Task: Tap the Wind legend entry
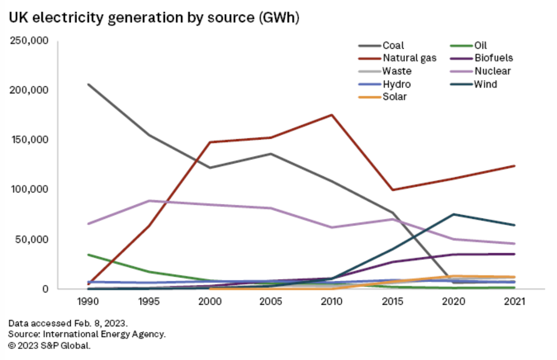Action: click(485, 84)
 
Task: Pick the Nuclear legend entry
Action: click(492, 72)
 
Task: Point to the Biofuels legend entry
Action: click(493, 59)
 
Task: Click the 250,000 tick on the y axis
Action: click(29, 41)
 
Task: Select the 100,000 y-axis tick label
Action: click(29, 189)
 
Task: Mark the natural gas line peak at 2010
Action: click(332, 115)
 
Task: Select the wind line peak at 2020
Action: click(454, 214)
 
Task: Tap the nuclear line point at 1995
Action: click(149, 201)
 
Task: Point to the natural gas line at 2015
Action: click(393, 190)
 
